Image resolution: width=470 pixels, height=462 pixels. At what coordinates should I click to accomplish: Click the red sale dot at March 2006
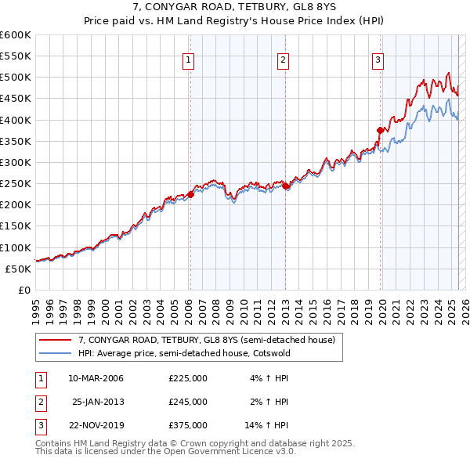coord(190,194)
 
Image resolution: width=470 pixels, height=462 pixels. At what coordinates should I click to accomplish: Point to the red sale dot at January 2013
coord(286,186)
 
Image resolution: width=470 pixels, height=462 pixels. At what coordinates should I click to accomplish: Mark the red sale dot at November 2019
coord(380,131)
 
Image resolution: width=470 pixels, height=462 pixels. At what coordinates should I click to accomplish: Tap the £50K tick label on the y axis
coord(18,269)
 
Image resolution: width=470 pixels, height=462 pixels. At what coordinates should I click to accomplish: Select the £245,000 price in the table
coord(188,402)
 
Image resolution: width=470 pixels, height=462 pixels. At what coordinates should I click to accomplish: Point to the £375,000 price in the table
coord(188,425)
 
